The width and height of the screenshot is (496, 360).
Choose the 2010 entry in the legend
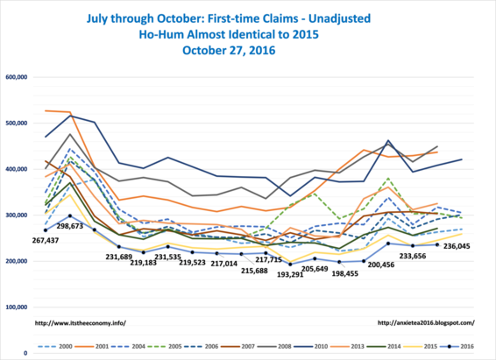click(310, 346)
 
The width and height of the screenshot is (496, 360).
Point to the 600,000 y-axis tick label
click(17, 77)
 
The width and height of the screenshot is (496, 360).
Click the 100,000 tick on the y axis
click(17, 307)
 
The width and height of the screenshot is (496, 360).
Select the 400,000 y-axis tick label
click(17, 169)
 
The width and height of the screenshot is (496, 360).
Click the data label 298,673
click(70, 226)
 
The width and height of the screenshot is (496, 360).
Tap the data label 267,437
click(46, 241)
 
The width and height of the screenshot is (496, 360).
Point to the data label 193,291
click(290, 275)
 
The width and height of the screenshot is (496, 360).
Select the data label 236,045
click(457, 246)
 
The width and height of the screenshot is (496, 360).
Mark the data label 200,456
click(381, 265)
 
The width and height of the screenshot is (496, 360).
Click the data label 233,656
click(413, 256)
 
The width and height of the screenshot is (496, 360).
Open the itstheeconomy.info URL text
click(81, 323)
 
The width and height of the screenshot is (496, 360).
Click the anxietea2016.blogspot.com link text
click(426, 323)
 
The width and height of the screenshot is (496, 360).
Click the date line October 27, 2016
click(229, 50)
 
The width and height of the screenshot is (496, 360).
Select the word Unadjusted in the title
click(339, 18)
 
